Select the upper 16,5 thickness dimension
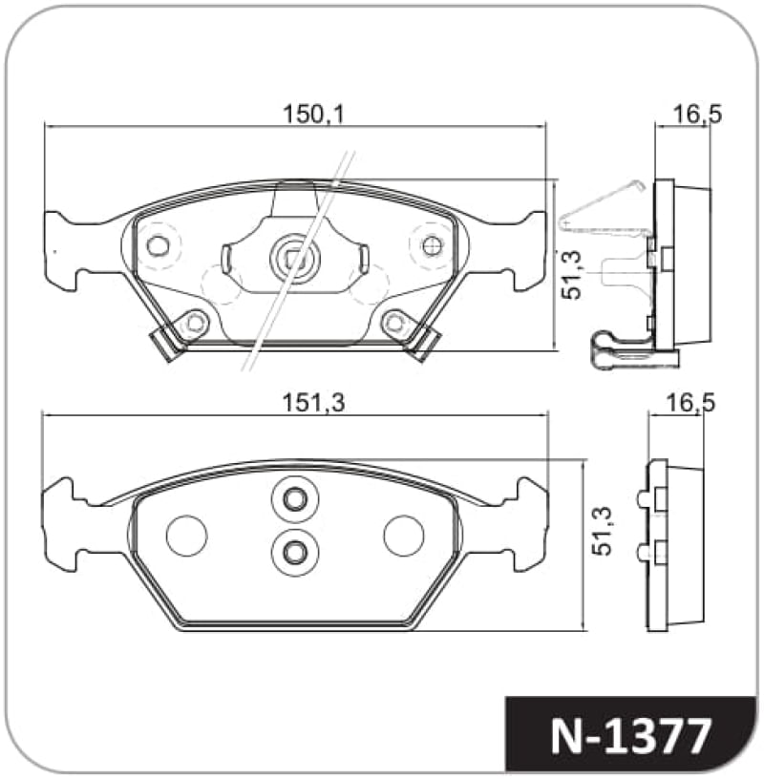(x=696, y=115)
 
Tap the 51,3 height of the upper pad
(x=573, y=275)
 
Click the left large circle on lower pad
(x=186, y=535)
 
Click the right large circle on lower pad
(x=404, y=535)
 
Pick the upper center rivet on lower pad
(x=294, y=498)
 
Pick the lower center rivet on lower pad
(x=294, y=550)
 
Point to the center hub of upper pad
(x=294, y=257)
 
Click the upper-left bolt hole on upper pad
(x=158, y=246)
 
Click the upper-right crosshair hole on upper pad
(x=431, y=246)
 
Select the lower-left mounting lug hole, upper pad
(x=195, y=324)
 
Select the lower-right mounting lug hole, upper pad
(x=395, y=324)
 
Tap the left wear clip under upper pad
(x=167, y=344)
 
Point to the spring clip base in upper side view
(x=630, y=352)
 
